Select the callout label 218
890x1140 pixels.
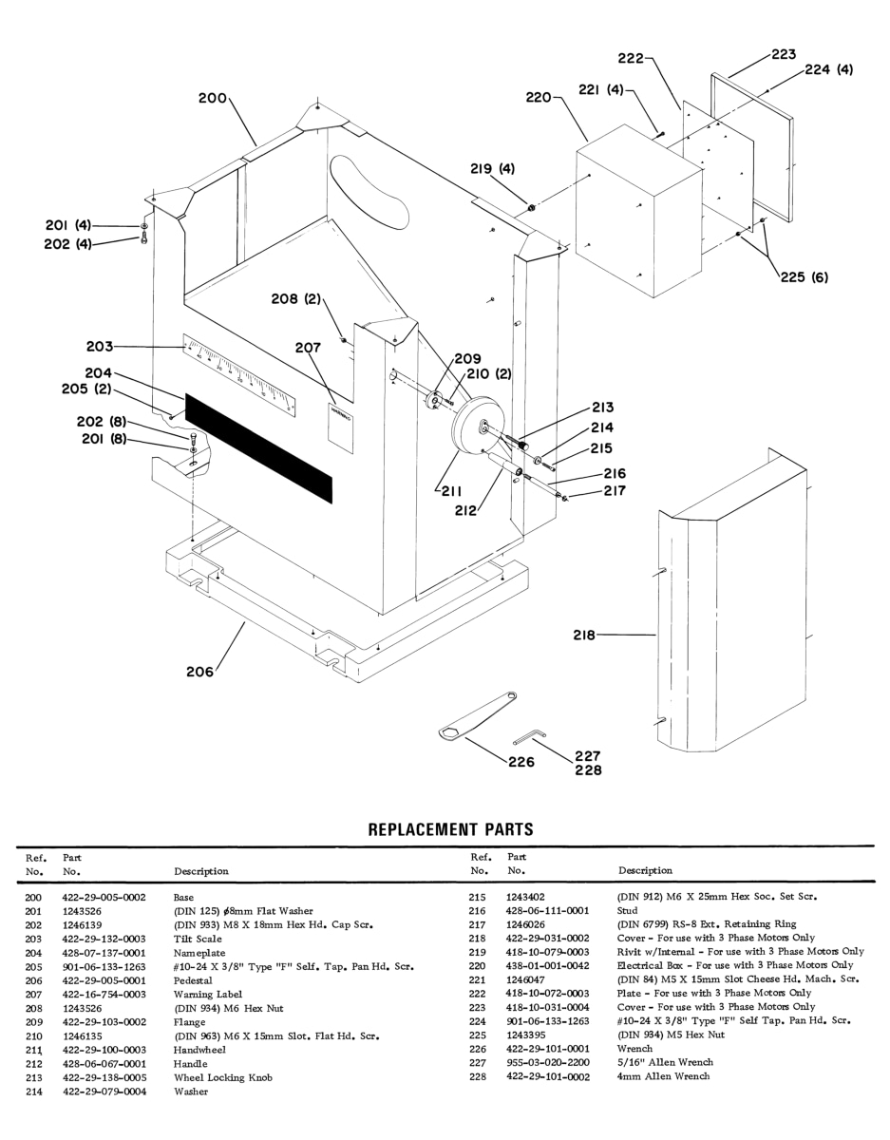pos(587,635)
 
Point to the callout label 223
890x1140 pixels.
pos(783,55)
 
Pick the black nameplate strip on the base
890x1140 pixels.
pos(259,447)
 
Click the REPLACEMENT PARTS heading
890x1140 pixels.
pos(450,829)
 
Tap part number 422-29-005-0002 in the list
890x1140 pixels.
pos(104,897)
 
